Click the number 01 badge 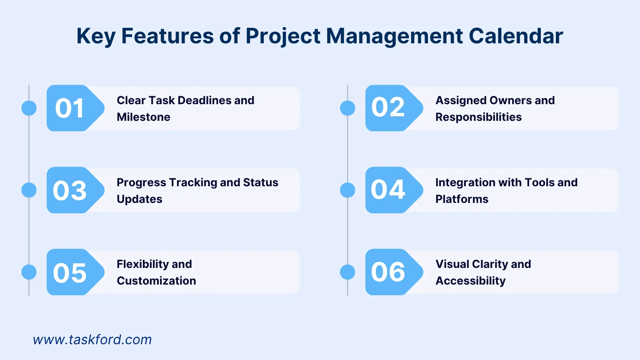[x=70, y=108]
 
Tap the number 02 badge [x=388, y=107]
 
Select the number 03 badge [x=70, y=190]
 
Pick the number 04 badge [x=388, y=190]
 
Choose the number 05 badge [x=70, y=272]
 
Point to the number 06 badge [x=388, y=272]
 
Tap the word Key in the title [x=96, y=37]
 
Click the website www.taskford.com [x=92, y=340]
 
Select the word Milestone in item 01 [x=144, y=117]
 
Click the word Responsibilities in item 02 [x=478, y=117]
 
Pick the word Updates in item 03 [x=140, y=199]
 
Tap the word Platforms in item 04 [x=462, y=199]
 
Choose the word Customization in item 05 [x=156, y=281]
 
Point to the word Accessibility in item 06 [x=470, y=281]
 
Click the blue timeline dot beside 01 [x=29, y=108]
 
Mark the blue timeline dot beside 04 [x=347, y=190]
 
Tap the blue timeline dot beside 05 [x=29, y=272]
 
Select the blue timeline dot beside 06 [x=347, y=272]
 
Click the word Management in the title [x=394, y=37]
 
